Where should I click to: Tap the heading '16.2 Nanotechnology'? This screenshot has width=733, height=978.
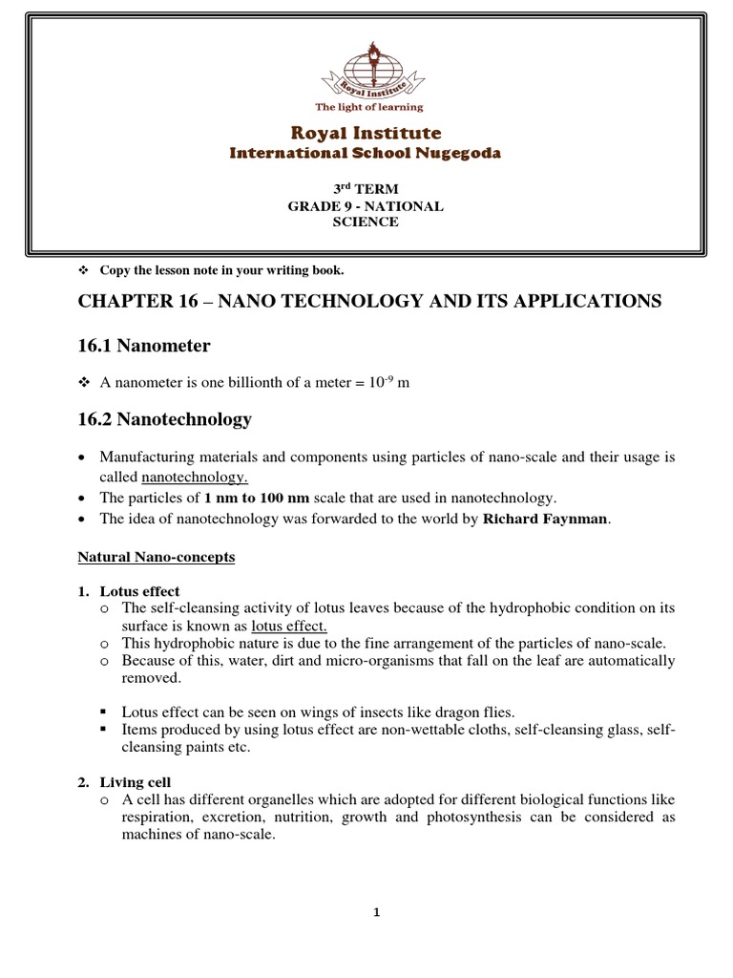[164, 419]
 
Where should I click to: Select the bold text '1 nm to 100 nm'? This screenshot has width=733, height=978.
[257, 498]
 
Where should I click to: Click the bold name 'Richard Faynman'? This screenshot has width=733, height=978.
[545, 519]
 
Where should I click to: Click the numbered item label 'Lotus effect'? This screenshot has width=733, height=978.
[139, 591]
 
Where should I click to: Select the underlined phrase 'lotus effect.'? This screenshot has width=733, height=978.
[289, 626]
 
